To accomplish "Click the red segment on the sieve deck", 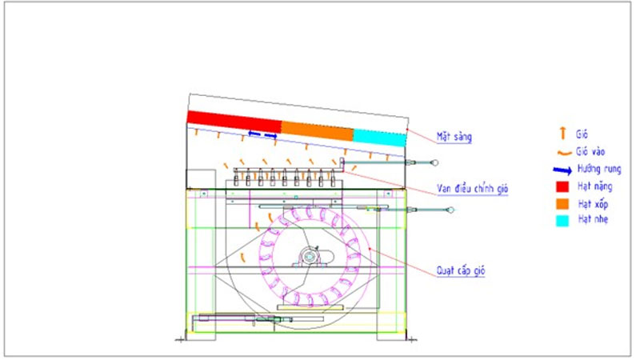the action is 234,122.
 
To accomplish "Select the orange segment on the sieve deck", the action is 317,130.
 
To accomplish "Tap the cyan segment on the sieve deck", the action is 379,137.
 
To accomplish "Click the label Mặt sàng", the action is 454,137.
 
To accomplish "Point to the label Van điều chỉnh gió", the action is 472,189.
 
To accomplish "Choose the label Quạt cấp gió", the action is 461,270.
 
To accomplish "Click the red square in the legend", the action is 562,186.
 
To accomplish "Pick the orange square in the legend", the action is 562,204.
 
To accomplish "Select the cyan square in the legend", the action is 562,221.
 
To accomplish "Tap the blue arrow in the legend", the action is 562,170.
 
